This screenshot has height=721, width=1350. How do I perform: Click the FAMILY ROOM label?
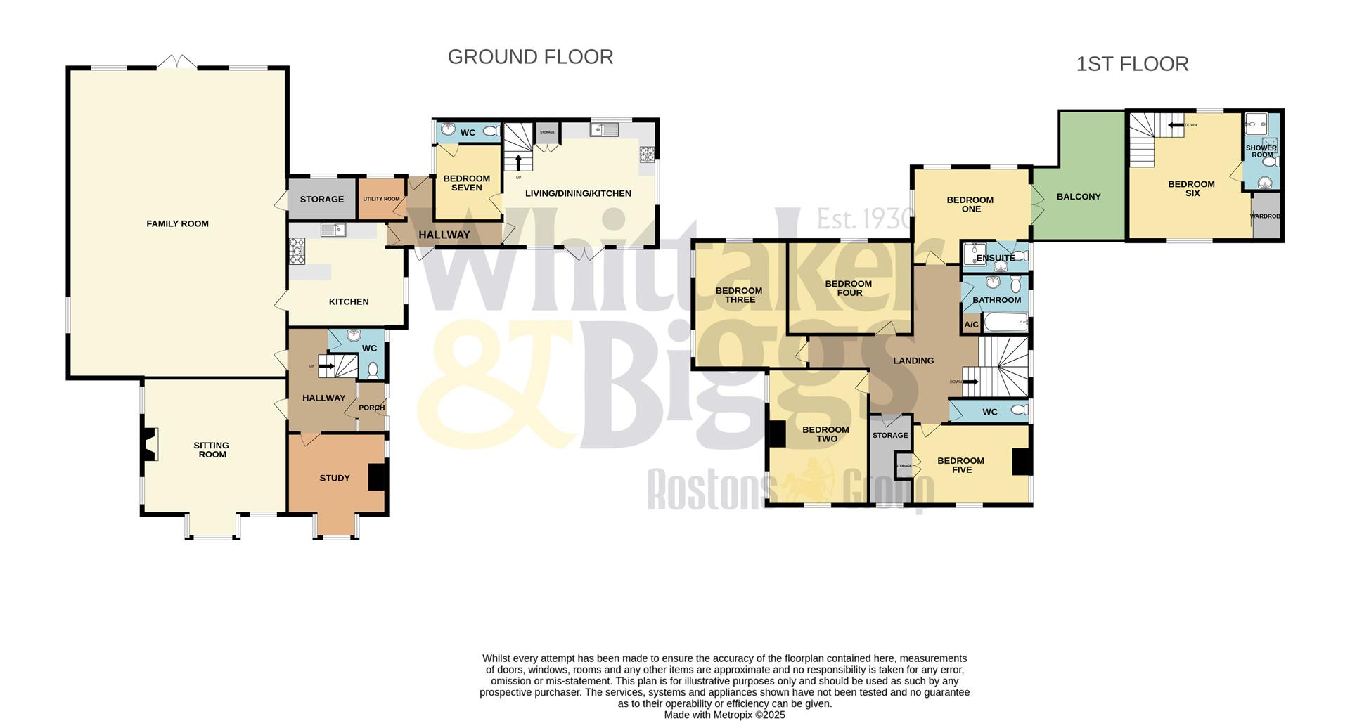pyautogui.click(x=177, y=224)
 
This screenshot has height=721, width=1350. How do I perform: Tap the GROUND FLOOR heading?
pyautogui.click(x=530, y=57)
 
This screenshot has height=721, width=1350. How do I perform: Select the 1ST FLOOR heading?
pyautogui.click(x=1132, y=64)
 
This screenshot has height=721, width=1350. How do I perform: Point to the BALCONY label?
pyautogui.click(x=1078, y=197)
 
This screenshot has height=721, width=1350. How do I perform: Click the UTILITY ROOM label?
pyautogui.click(x=381, y=199)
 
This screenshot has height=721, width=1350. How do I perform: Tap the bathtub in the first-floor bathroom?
pyautogui.click(x=1005, y=323)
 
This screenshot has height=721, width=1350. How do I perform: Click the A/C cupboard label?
pyautogui.click(x=971, y=325)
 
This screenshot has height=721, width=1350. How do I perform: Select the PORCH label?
pyautogui.click(x=371, y=408)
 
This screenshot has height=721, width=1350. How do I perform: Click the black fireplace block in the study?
pyautogui.click(x=378, y=476)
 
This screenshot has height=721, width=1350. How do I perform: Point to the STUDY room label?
pyautogui.click(x=335, y=478)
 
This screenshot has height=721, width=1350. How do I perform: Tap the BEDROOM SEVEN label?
pyautogui.click(x=466, y=183)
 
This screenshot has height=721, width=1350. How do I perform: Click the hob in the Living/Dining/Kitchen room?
pyautogui.click(x=645, y=155)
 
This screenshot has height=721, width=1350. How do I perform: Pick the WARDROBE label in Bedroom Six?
pyautogui.click(x=1266, y=216)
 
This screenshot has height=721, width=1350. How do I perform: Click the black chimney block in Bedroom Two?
pyautogui.click(x=776, y=434)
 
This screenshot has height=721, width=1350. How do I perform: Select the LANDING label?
pyautogui.click(x=913, y=360)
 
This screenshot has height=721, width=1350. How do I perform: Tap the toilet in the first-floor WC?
pyautogui.click(x=1017, y=410)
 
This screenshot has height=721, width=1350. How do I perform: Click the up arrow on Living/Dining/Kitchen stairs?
pyautogui.click(x=518, y=162)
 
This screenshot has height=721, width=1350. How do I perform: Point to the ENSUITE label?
pyautogui.click(x=995, y=258)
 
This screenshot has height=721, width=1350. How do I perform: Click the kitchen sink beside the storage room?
pyautogui.click(x=332, y=230)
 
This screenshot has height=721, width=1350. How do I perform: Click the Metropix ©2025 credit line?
pyautogui.click(x=724, y=715)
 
